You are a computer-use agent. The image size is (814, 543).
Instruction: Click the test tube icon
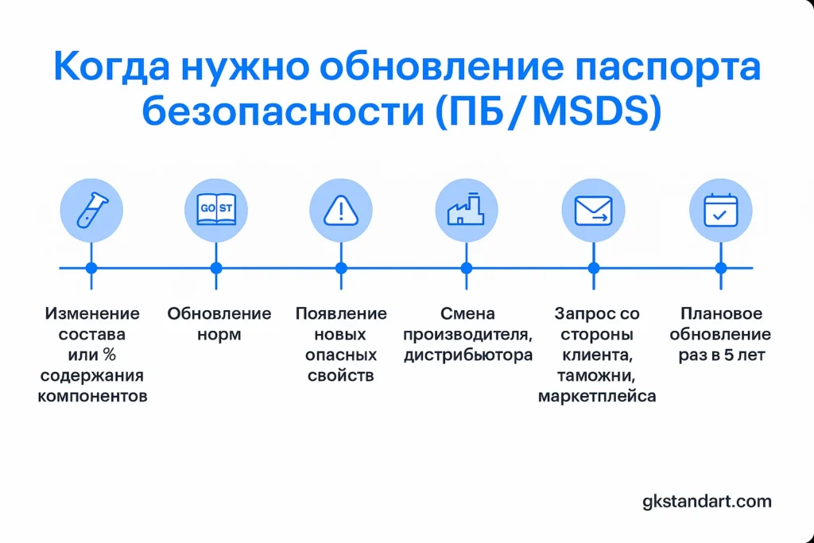92,210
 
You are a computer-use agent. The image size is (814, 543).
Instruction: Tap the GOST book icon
216,209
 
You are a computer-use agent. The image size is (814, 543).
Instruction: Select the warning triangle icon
341,210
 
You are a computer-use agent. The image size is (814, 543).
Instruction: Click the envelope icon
593,210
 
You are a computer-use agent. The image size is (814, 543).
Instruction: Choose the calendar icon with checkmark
720,210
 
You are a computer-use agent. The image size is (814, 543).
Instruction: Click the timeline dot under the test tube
91,268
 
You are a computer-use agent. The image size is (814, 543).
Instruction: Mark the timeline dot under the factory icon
466,268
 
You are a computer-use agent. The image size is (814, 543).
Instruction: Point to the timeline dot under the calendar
720,268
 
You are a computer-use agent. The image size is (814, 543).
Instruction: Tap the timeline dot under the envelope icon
593,268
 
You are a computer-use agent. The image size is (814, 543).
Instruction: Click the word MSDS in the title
591,111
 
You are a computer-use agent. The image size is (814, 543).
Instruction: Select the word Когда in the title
111,67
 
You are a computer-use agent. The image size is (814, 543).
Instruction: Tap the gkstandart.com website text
707,502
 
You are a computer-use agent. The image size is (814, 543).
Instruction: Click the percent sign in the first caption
109,355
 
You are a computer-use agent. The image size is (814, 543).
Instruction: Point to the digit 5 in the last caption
729,355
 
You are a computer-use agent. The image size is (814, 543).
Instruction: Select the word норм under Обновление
219,335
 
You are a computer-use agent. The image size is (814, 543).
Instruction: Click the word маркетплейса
597,396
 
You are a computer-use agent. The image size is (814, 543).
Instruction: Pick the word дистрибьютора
468,355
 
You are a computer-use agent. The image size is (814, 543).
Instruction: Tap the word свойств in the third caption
340,375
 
